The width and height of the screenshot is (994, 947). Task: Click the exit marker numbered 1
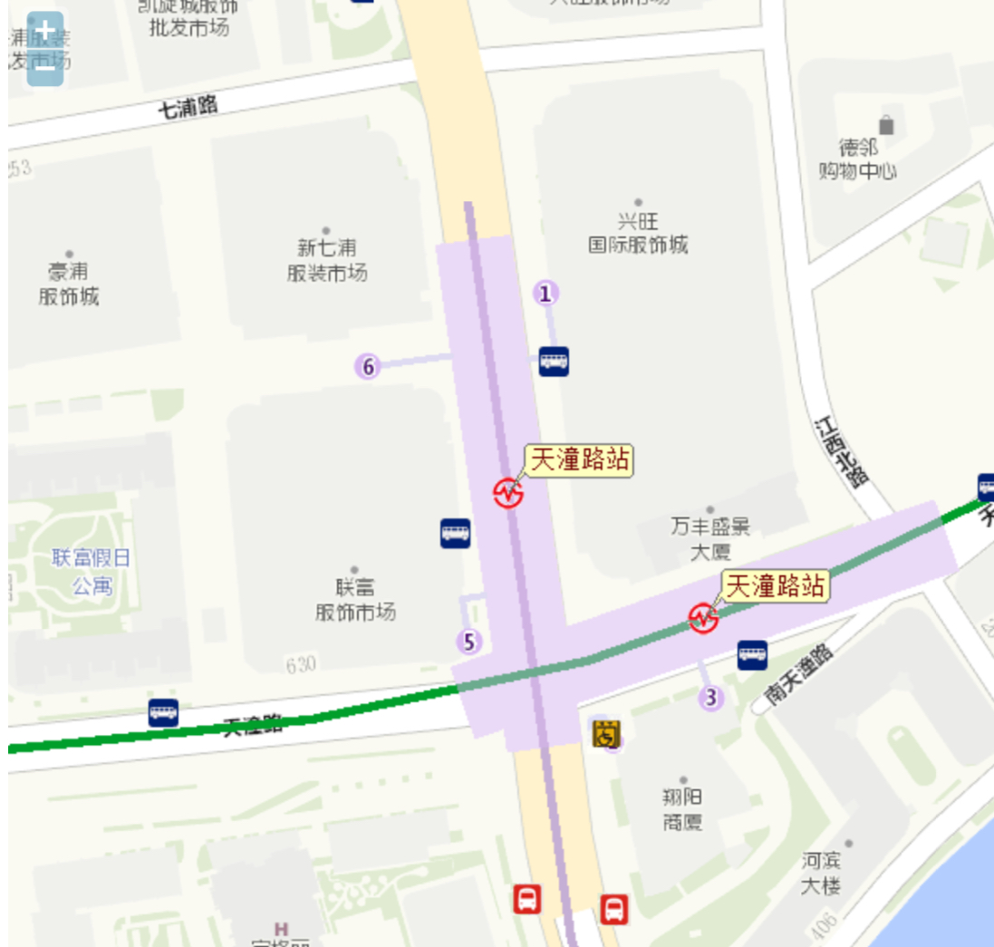(x=545, y=294)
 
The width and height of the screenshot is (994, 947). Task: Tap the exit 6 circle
(x=368, y=367)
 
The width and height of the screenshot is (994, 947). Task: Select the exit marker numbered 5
(x=468, y=643)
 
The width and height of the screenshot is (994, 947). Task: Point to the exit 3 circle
(x=711, y=698)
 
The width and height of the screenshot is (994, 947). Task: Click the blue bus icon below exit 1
(x=554, y=361)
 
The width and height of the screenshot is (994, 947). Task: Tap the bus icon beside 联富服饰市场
(x=456, y=533)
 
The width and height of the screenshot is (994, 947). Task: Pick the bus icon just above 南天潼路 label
(x=752, y=654)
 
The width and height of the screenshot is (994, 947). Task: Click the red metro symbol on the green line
(x=703, y=618)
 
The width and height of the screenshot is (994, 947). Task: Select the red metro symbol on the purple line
(x=508, y=493)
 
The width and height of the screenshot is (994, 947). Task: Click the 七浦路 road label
(x=188, y=107)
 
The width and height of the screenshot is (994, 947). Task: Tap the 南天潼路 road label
(x=798, y=675)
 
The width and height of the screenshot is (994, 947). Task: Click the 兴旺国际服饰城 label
(x=638, y=233)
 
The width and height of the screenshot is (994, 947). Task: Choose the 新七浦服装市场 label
(x=326, y=259)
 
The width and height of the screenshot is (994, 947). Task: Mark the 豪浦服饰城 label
(x=69, y=283)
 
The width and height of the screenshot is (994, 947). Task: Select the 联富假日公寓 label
(x=91, y=571)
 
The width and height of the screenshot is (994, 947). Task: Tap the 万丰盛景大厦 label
(x=710, y=538)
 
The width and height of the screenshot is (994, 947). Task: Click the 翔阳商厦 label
(x=681, y=809)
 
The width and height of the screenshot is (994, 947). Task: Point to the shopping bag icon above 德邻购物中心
(x=886, y=125)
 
